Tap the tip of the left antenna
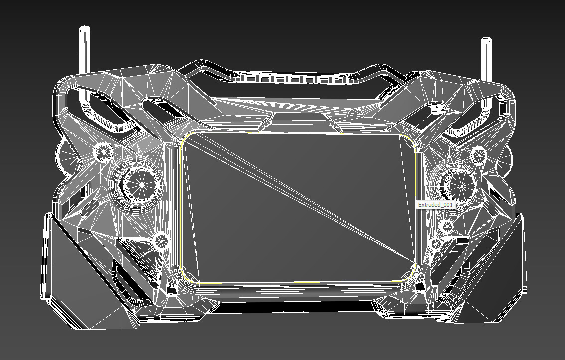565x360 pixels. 85,30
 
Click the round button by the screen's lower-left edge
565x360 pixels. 161,241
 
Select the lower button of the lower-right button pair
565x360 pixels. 436,244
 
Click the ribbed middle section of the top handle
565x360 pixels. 295,79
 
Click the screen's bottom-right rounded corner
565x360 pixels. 411,275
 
